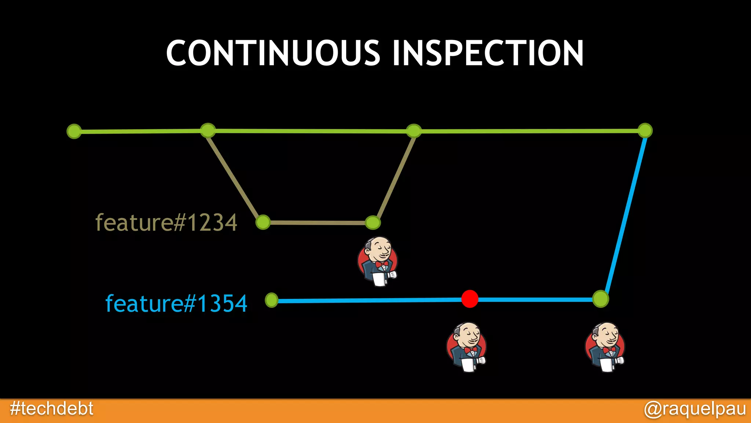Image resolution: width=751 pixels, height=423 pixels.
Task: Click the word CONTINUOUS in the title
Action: pos(273,53)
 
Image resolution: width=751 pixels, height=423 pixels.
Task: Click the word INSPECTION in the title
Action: pos(488,53)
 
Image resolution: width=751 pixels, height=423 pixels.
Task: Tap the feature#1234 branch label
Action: pos(166,223)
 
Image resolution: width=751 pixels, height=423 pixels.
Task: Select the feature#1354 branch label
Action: pos(176,304)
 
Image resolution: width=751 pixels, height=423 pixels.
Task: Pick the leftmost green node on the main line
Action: pos(74,131)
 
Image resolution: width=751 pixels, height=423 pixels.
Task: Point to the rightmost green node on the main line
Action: pos(645,130)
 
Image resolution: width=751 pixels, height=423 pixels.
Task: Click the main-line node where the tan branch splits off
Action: pos(208,130)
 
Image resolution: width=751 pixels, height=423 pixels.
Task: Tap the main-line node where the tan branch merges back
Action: pos(414,131)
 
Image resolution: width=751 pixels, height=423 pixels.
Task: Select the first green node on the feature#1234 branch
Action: pos(263,222)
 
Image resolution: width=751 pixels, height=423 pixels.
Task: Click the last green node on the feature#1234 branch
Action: pos(373,222)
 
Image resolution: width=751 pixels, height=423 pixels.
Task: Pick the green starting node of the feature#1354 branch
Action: pos(272,300)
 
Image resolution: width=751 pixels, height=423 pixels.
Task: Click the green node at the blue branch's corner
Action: pos(601,299)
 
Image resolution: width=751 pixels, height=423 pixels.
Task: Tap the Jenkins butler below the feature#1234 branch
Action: pos(378,261)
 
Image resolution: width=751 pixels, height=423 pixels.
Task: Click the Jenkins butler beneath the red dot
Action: pos(467,347)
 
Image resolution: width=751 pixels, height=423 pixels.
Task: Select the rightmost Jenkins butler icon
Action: pos(605,347)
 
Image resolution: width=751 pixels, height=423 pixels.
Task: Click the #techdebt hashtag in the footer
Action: pos(52,409)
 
